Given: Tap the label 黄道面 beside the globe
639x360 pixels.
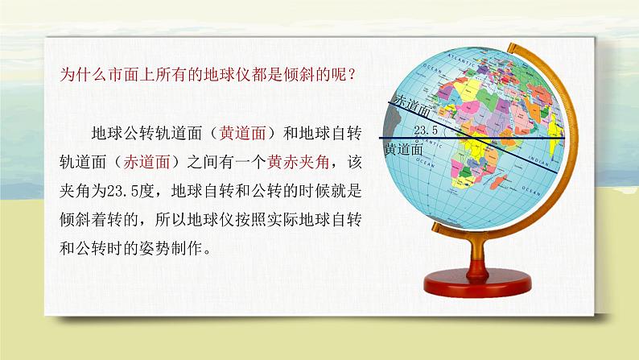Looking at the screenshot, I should tap(403, 148).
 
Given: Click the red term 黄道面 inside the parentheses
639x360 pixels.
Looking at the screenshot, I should tap(241, 132).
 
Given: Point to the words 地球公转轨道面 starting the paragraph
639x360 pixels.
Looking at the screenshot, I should tap(145, 132).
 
